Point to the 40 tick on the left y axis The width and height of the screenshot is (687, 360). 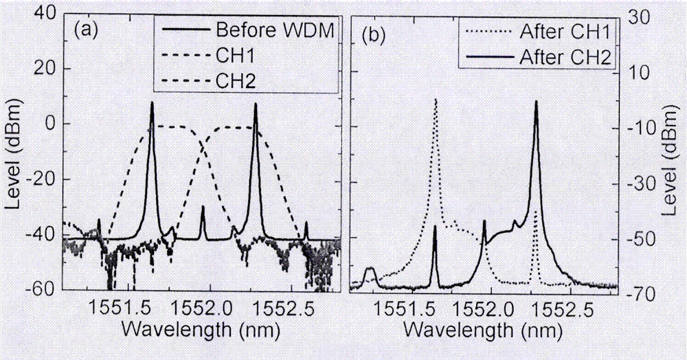[46, 14]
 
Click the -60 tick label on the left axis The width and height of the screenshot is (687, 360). [43, 289]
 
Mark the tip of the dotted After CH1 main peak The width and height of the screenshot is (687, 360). [436, 100]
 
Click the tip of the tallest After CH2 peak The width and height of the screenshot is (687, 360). [536, 102]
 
